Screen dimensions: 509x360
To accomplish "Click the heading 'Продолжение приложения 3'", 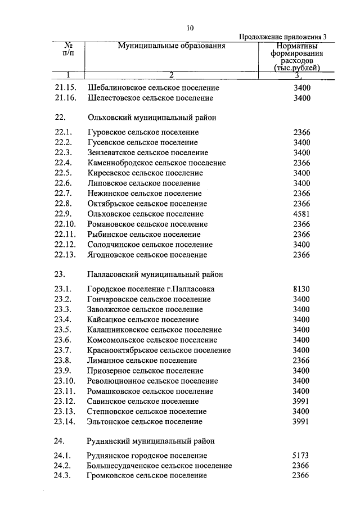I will coord(283,37).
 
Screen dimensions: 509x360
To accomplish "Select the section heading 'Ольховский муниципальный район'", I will coord(152,118).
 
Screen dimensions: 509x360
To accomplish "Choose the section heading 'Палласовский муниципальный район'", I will coord(155,274).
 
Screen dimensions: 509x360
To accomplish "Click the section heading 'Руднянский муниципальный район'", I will coord(151,441).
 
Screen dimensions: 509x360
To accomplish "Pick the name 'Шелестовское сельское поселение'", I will coord(150,98).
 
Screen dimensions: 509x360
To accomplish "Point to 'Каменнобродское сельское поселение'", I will coord(156,163).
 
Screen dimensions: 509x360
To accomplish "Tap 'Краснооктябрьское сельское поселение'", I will coord(159,350).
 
